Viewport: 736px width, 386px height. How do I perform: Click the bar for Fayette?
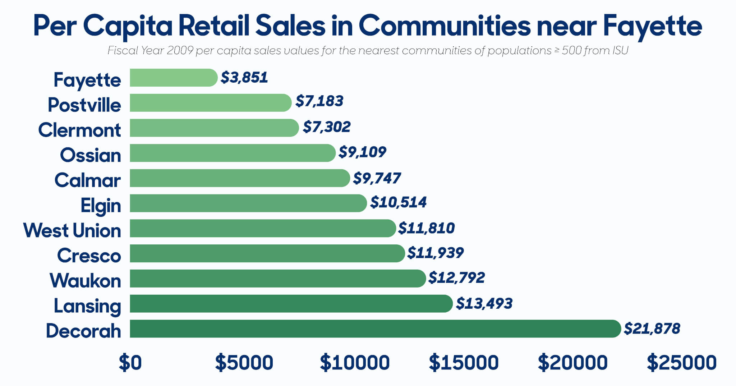coord(173,78)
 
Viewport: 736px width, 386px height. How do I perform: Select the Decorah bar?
coord(375,328)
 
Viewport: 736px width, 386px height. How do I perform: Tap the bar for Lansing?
coord(291,304)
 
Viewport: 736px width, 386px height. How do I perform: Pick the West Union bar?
coord(262,228)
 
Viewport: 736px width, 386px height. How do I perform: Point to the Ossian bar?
coord(232,153)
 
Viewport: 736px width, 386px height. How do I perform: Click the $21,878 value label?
coord(652,328)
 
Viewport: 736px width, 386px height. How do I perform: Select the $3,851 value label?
coord(244,78)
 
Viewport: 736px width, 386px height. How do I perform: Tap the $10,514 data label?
coord(398,202)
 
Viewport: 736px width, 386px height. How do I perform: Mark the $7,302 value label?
coord(326,127)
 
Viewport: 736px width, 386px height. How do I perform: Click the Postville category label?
coord(84,105)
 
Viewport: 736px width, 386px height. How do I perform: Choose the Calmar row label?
coord(87,180)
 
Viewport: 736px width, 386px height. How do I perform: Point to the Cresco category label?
coord(89,256)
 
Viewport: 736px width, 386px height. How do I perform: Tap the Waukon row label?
coord(85,280)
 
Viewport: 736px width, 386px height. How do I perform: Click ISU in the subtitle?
coord(618,51)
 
